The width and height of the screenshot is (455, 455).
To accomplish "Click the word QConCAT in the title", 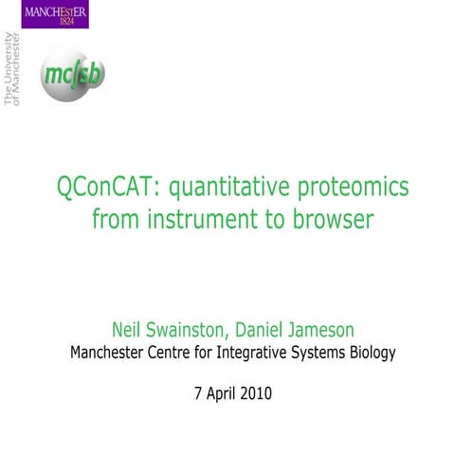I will pyautogui.click(x=108, y=187).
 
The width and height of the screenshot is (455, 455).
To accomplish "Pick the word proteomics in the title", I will pyautogui.click(x=354, y=187).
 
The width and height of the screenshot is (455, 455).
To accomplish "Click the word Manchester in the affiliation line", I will pyautogui.click(x=114, y=354).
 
